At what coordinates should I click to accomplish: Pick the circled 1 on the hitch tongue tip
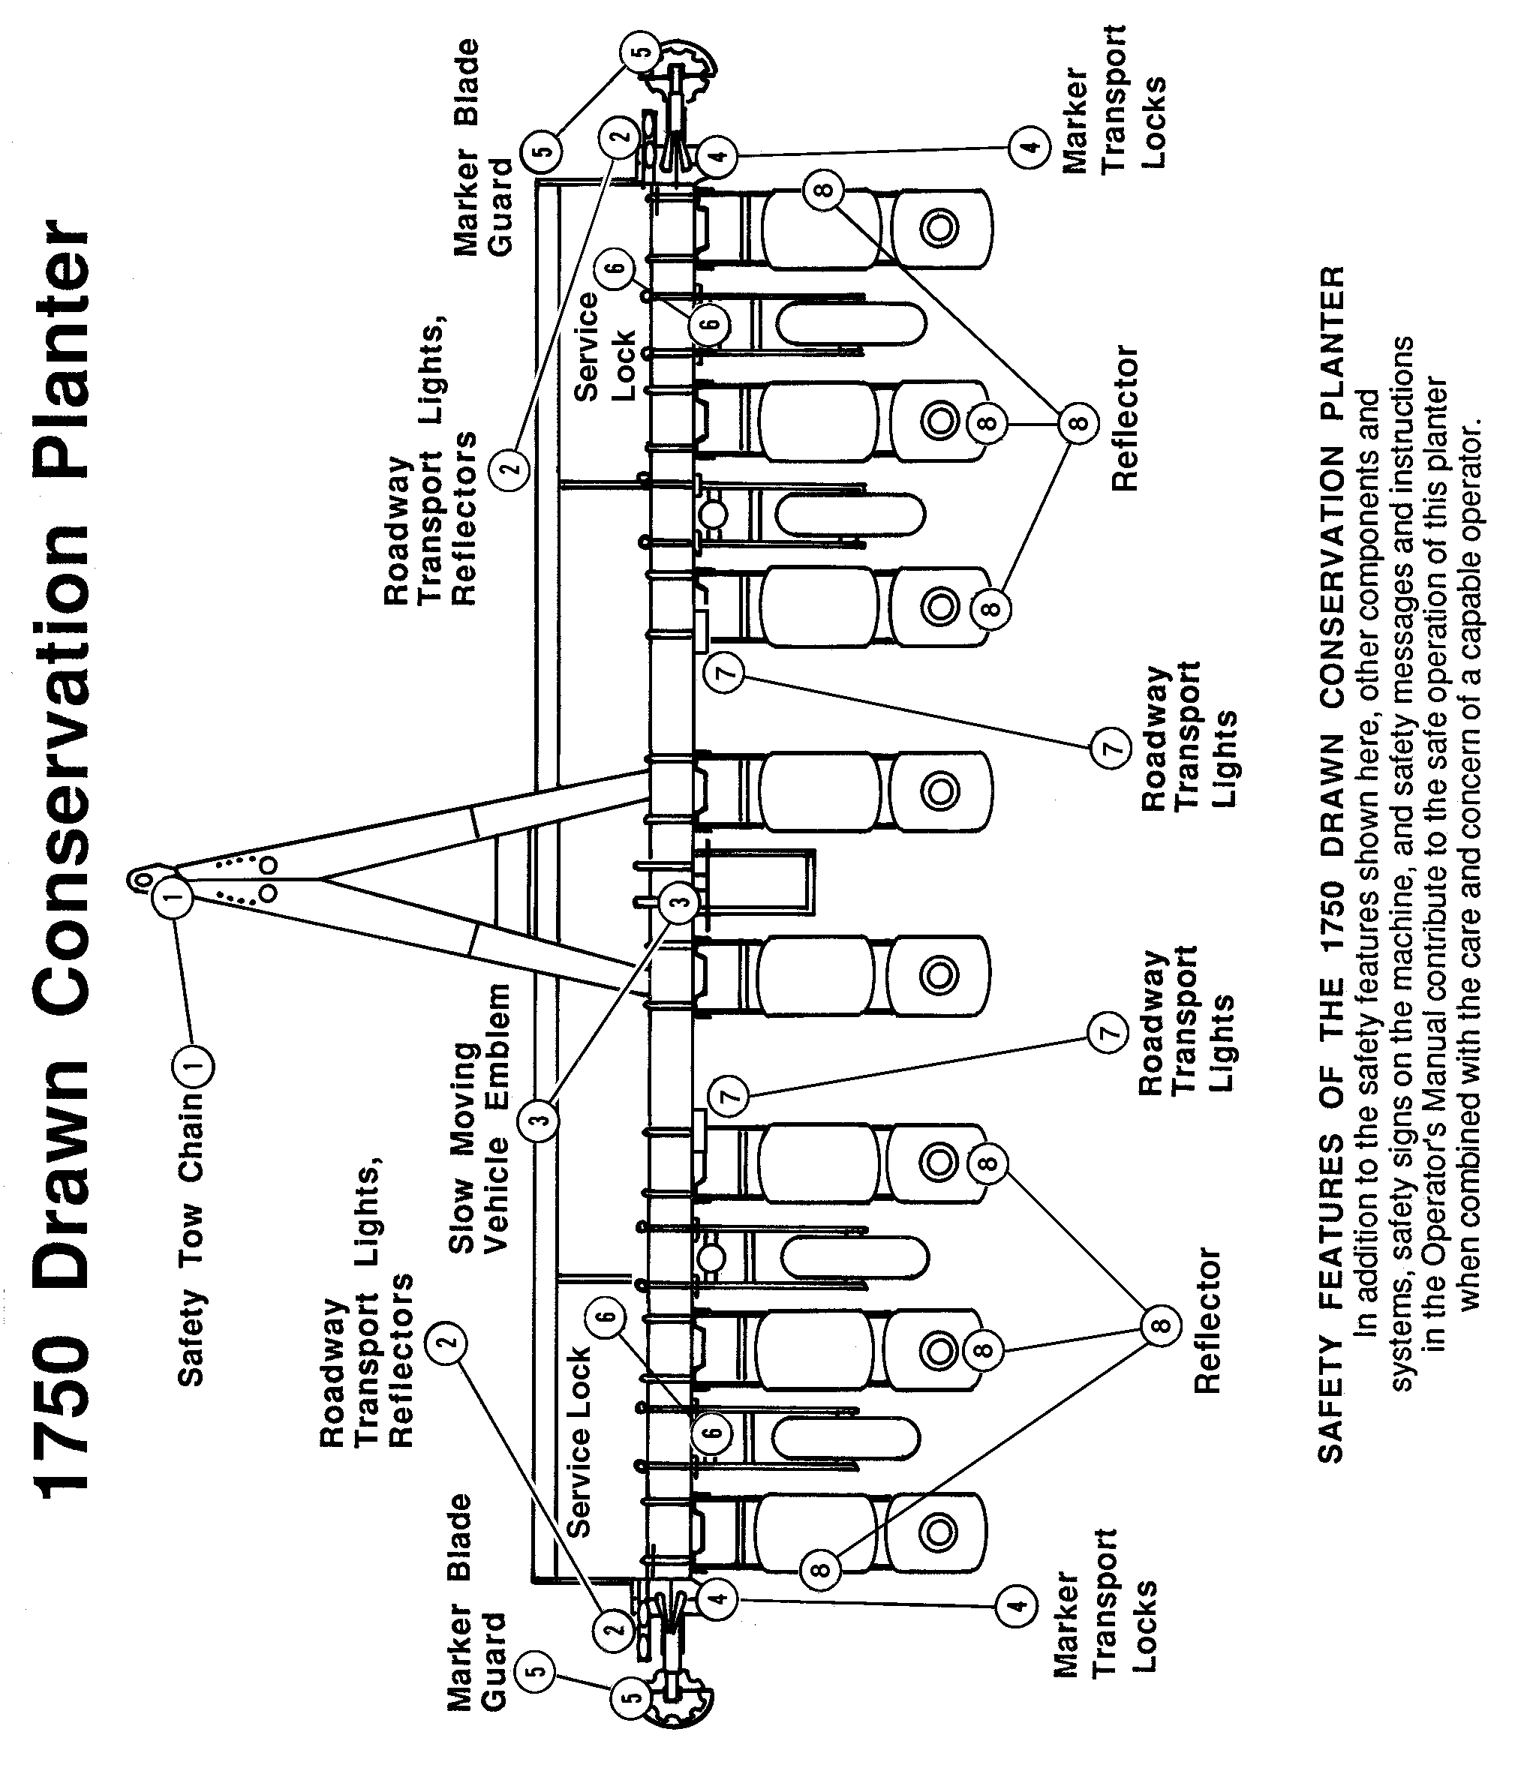point(173,896)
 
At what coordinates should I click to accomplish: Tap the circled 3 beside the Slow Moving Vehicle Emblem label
point(540,1118)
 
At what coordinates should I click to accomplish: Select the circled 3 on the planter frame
point(678,903)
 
